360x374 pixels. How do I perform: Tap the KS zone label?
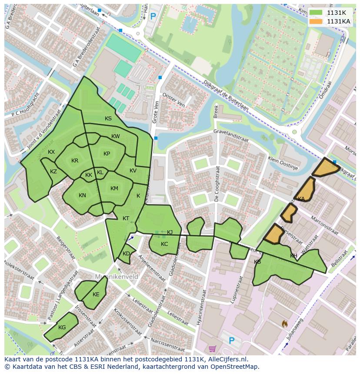click(x=108, y=119)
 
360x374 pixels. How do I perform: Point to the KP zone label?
click(x=107, y=154)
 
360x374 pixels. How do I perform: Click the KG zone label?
click(x=62, y=328)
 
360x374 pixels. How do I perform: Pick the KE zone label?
click(x=96, y=295)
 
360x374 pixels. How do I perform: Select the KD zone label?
click(x=126, y=254)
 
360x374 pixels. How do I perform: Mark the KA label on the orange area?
click(x=301, y=199)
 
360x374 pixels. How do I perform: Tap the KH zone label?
click(x=293, y=256)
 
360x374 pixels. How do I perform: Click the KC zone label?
click(x=164, y=244)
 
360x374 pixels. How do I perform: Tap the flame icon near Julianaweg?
click(x=284, y=324)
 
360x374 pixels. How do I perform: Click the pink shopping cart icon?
click(x=212, y=349)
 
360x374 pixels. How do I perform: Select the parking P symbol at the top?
click(x=153, y=17)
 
